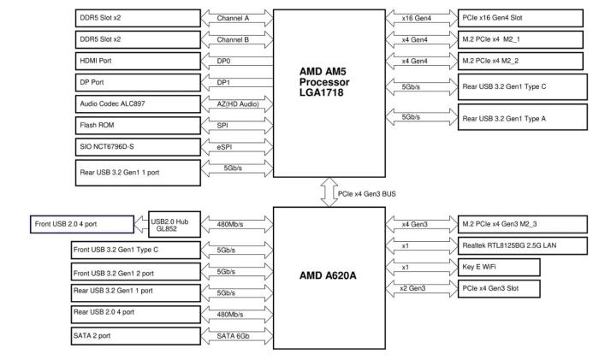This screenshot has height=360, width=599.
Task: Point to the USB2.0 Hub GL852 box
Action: (x=172, y=224)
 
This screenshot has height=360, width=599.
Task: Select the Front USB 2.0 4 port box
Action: (x=82, y=224)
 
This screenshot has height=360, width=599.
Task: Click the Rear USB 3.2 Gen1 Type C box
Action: (x=523, y=86)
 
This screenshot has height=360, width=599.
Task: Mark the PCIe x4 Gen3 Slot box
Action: (x=500, y=288)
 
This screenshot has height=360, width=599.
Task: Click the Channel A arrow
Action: (x=234, y=18)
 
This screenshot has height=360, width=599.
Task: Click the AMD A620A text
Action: (x=329, y=276)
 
